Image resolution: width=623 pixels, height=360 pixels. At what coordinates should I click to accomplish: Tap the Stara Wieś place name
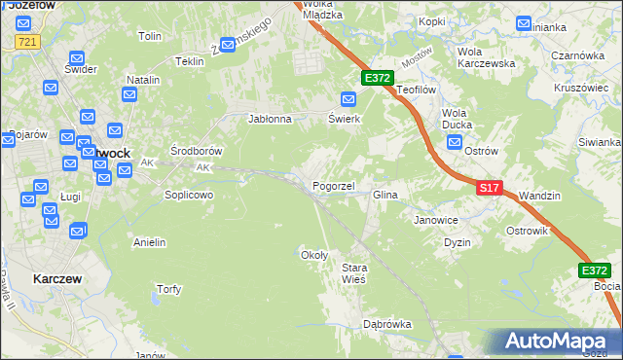tap(352, 273)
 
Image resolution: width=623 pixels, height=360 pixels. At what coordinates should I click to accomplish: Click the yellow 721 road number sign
tap(27, 42)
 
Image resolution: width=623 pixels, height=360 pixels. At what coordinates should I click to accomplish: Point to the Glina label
tap(385, 196)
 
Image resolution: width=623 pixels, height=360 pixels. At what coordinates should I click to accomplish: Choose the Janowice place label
tap(436, 220)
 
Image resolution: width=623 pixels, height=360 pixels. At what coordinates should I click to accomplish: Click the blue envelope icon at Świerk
tap(348, 98)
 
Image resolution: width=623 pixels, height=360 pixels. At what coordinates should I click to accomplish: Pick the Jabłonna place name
tap(271, 120)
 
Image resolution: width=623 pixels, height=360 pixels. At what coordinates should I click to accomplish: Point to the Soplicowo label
tap(188, 195)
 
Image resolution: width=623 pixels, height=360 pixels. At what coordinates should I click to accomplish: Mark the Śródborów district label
tap(197, 152)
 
